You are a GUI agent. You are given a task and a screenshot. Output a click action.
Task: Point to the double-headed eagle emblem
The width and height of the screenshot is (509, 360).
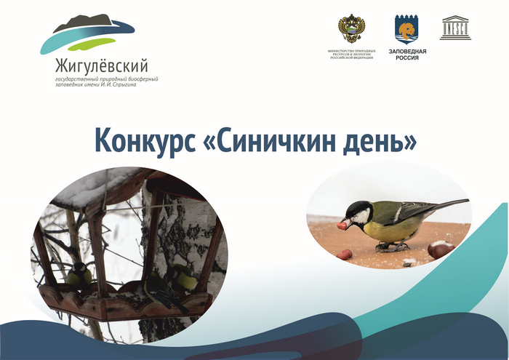(x=351, y=28)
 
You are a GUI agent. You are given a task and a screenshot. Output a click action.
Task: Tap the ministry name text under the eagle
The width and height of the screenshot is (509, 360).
(x=352, y=55)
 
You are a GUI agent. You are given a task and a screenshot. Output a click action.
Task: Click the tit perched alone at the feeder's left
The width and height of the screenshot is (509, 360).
(x=79, y=273)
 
